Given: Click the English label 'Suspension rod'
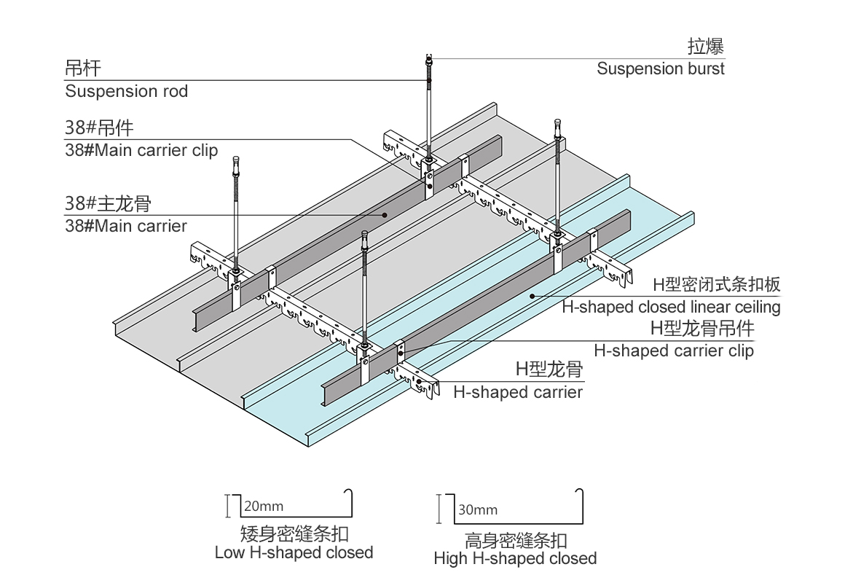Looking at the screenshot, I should point(126,92).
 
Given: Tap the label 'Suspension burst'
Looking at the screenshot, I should point(661,69).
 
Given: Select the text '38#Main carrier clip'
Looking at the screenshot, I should point(141,151).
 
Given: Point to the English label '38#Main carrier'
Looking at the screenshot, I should point(126,226).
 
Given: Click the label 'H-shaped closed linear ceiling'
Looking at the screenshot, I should point(671,307).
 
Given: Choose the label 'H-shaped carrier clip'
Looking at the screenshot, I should point(674,351).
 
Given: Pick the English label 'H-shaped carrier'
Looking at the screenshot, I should point(518,392).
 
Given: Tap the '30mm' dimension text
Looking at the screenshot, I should point(478,509).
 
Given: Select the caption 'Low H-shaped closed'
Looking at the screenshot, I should point(294,552).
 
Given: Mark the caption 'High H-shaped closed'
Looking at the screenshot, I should point(515,559).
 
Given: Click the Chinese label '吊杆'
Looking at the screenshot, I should point(83,69).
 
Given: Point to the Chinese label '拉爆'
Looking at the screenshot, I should point(706,47).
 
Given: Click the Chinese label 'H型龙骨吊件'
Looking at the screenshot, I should point(702,329).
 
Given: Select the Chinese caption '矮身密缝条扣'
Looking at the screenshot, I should point(294,533).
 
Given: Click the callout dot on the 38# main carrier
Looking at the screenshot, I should point(385,215).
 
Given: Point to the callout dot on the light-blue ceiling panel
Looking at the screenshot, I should point(532,296).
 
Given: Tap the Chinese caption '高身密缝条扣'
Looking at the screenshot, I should point(516,541).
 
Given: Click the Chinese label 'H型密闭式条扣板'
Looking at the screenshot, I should point(716,285).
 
